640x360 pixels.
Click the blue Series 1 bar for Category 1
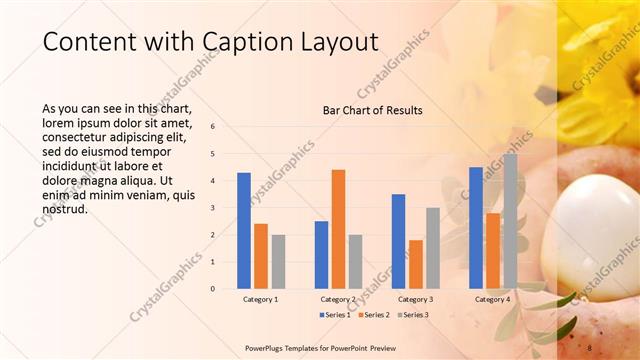244,231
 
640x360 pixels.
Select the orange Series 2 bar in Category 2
338,229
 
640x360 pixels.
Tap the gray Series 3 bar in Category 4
510,221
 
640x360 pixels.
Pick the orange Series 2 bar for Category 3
415,264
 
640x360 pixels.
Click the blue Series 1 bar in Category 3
398,241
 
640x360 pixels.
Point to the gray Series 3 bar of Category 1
278,262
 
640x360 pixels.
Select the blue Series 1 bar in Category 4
475,228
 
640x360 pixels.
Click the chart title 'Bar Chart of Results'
372,110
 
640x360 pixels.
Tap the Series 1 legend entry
334,315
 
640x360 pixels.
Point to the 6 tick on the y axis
212,127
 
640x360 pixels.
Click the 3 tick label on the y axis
212,208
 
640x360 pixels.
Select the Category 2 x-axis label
338,299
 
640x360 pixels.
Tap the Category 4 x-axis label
492,299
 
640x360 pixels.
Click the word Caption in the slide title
233,42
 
